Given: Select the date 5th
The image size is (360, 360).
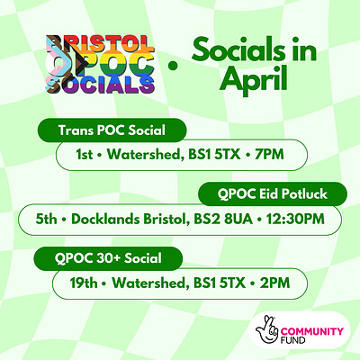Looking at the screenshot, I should (x=41, y=219).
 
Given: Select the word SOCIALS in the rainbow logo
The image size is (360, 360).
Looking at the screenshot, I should (x=96, y=85).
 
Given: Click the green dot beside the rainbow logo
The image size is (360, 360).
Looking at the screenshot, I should (x=171, y=64).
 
